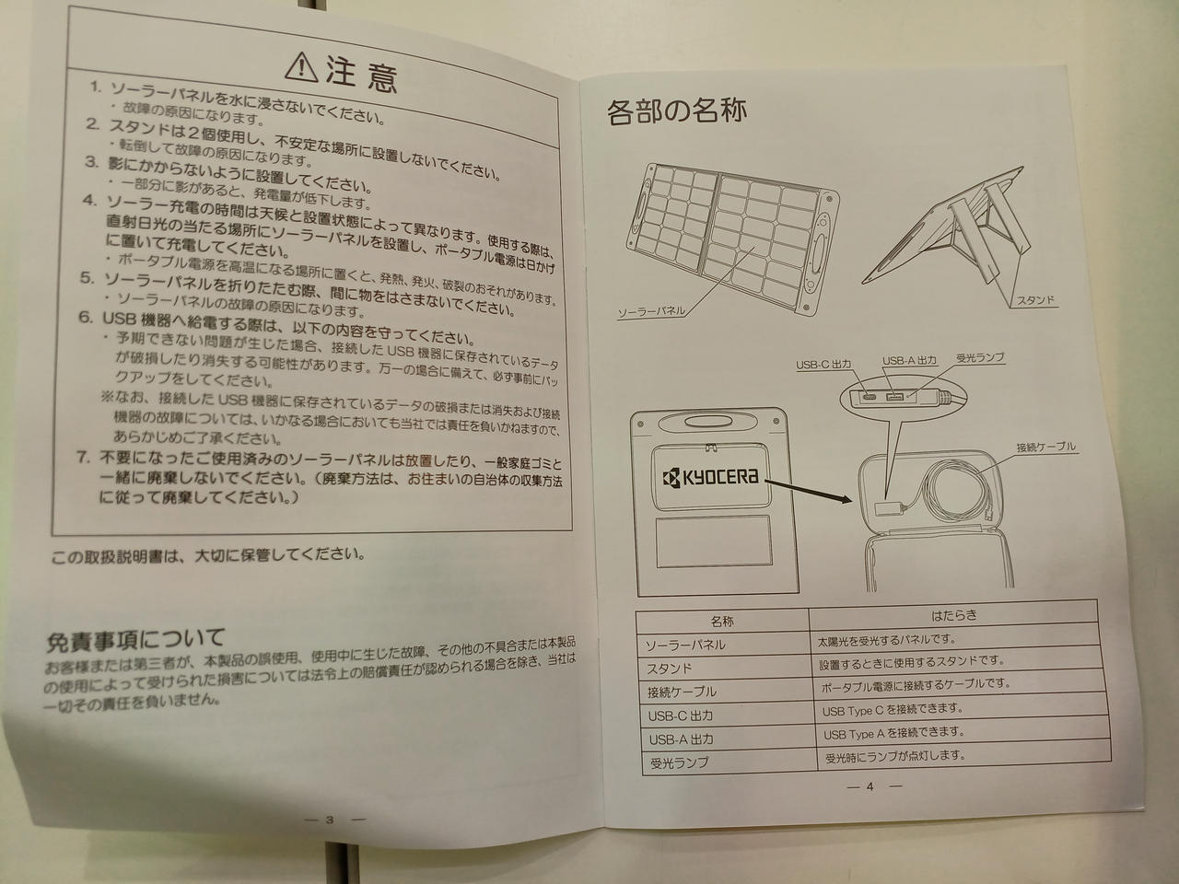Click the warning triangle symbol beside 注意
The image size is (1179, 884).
pos(301,67)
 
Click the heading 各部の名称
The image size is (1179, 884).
pos(676,111)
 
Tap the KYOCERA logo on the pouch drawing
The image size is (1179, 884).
pos(710,477)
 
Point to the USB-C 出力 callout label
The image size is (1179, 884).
pos(823,365)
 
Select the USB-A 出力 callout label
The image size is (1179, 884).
pos(909,361)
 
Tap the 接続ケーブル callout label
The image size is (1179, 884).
pos(1045,447)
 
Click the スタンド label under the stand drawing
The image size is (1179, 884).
pos(1035,300)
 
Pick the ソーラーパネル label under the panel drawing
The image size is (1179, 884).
pos(651,312)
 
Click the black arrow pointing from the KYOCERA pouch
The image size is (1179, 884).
pos(809,491)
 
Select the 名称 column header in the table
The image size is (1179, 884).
pos(722,622)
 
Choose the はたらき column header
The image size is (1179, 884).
pos(954,615)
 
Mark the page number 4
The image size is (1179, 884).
pos(870,786)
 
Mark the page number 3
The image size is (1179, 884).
pos(330,820)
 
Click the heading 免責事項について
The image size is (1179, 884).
pos(134,640)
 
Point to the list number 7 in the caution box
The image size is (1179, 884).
pos(83,458)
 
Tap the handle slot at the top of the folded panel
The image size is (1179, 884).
pos(700,422)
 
